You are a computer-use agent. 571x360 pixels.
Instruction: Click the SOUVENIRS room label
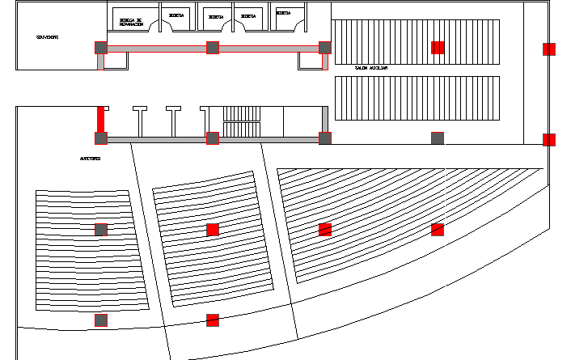[47, 37]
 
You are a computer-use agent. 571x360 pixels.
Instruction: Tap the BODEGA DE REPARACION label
[130, 23]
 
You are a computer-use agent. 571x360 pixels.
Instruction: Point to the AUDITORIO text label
[90, 159]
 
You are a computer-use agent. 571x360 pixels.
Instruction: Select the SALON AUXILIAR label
[371, 69]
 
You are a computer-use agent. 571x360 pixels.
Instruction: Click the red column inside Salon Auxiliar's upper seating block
[438, 48]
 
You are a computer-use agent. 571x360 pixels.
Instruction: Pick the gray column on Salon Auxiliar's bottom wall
[437, 138]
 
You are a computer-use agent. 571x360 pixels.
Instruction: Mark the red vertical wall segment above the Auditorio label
[101, 118]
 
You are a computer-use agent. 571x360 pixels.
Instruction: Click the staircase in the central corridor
[243, 122]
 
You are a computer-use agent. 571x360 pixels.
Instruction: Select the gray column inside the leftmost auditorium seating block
[101, 230]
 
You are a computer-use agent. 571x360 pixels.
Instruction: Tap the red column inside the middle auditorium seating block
[213, 230]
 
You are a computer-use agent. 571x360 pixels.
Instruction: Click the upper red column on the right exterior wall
[549, 49]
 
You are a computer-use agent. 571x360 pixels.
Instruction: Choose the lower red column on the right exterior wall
[549, 139]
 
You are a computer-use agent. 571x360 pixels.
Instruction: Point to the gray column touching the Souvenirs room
[101, 48]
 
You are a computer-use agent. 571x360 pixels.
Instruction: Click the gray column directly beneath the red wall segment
[101, 138]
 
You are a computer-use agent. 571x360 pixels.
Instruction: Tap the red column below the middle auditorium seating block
[213, 320]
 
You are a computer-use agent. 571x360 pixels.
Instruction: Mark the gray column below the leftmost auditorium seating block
[101, 320]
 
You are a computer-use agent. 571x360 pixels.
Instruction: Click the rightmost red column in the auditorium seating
[438, 230]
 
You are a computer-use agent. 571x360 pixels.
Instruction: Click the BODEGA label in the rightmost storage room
[283, 14]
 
